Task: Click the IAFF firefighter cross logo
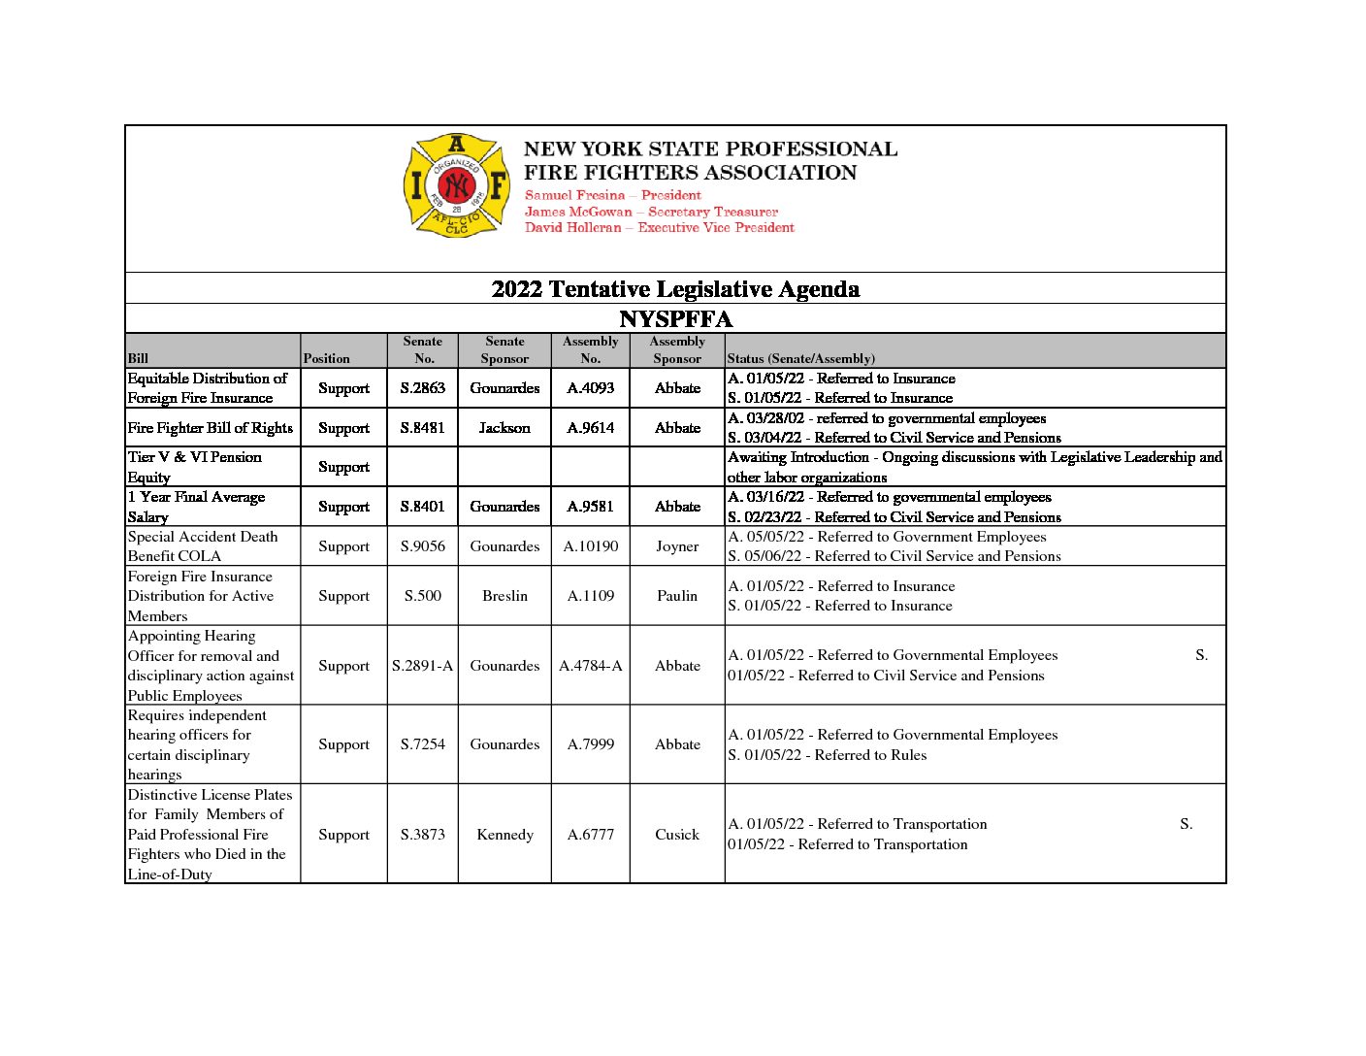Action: click(456, 185)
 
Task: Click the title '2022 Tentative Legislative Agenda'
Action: click(675, 289)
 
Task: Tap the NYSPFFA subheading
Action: click(675, 319)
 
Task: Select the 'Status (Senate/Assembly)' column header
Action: click(801, 358)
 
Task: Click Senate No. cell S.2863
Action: click(423, 388)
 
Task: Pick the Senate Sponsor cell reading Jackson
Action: click(504, 428)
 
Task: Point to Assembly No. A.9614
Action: click(591, 428)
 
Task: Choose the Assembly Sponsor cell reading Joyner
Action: click(677, 546)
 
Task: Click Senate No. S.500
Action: click(423, 596)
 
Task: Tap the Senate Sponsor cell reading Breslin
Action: click(504, 596)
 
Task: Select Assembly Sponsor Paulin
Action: click(677, 596)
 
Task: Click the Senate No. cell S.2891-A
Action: click(423, 666)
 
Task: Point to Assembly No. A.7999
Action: click(591, 744)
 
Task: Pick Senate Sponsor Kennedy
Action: click(504, 835)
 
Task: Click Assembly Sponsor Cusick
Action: click(677, 835)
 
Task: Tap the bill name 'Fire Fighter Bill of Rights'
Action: click(211, 428)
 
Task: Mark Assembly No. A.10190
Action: click(591, 546)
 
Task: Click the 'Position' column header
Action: click(327, 358)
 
